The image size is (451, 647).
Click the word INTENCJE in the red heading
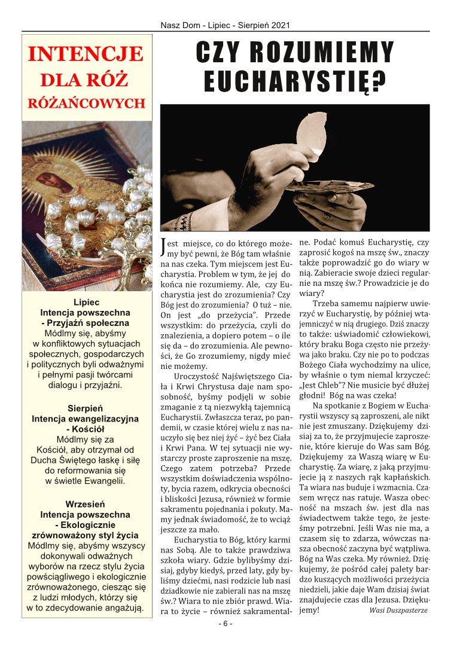click(86, 54)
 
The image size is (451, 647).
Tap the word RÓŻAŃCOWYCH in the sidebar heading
click(86, 102)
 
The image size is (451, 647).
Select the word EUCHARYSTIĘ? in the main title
click(293, 81)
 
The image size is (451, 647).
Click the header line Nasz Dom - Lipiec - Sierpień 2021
click(225, 26)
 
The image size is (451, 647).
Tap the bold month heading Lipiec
click(86, 302)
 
